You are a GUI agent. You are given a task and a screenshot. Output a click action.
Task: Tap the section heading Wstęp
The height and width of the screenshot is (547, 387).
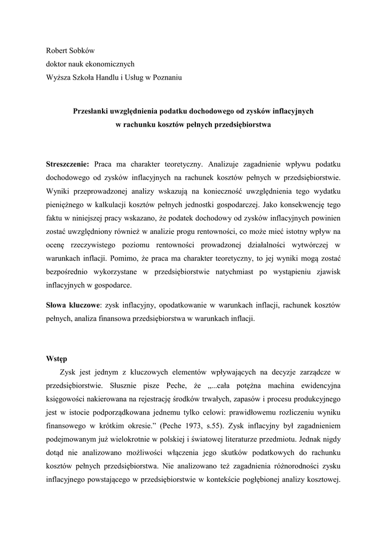(57, 358)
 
